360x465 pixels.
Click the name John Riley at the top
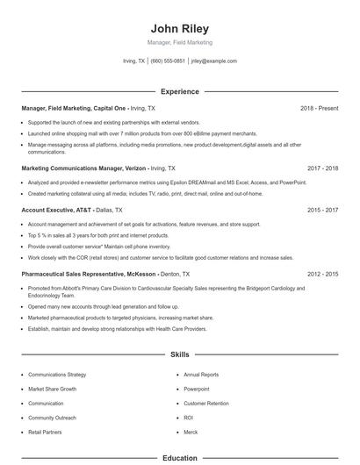coord(179,28)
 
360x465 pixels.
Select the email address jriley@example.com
coord(214,61)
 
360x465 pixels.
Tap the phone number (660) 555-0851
coord(168,61)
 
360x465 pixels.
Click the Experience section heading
coord(179,91)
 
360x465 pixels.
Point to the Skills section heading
coord(179,355)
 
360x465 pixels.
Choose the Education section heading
coord(179,458)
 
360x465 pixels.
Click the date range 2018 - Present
coord(319,108)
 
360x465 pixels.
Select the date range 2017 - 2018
coord(322,168)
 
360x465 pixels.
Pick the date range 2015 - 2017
coord(322,211)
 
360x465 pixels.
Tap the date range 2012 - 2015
coord(322,275)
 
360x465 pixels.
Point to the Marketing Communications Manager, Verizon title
coord(83,168)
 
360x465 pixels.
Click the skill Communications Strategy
coord(57,375)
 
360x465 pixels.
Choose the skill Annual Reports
coord(201,375)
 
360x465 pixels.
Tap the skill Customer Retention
coord(206,404)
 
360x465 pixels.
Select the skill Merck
coord(191,433)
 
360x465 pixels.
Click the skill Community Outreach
coord(53,418)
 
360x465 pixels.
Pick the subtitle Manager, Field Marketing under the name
coord(179,42)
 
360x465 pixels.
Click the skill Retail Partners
coord(46,433)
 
